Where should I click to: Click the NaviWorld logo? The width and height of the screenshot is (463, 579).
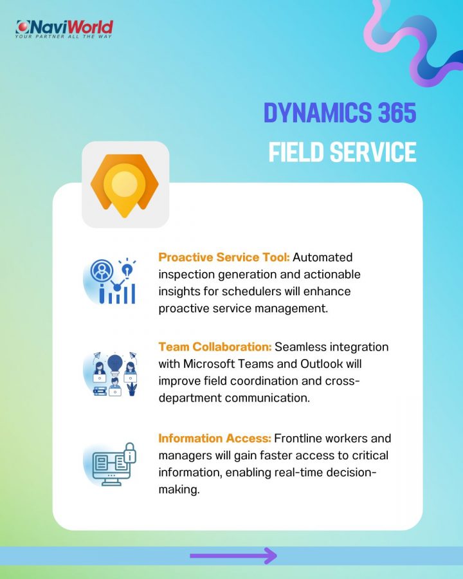click(64, 29)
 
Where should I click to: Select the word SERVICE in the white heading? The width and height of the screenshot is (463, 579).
click(373, 152)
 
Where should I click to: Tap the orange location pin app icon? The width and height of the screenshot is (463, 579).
click(125, 185)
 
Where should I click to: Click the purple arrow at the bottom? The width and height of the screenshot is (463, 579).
click(233, 555)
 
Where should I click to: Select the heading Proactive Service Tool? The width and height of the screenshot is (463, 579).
click(224, 257)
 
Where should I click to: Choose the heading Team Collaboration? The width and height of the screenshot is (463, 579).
click(215, 347)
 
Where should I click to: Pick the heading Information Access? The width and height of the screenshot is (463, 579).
click(215, 438)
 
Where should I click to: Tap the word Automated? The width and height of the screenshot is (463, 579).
click(323, 257)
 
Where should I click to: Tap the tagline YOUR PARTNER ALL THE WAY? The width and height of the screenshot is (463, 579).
click(63, 37)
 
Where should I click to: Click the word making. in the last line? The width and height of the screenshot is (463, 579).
click(179, 490)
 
